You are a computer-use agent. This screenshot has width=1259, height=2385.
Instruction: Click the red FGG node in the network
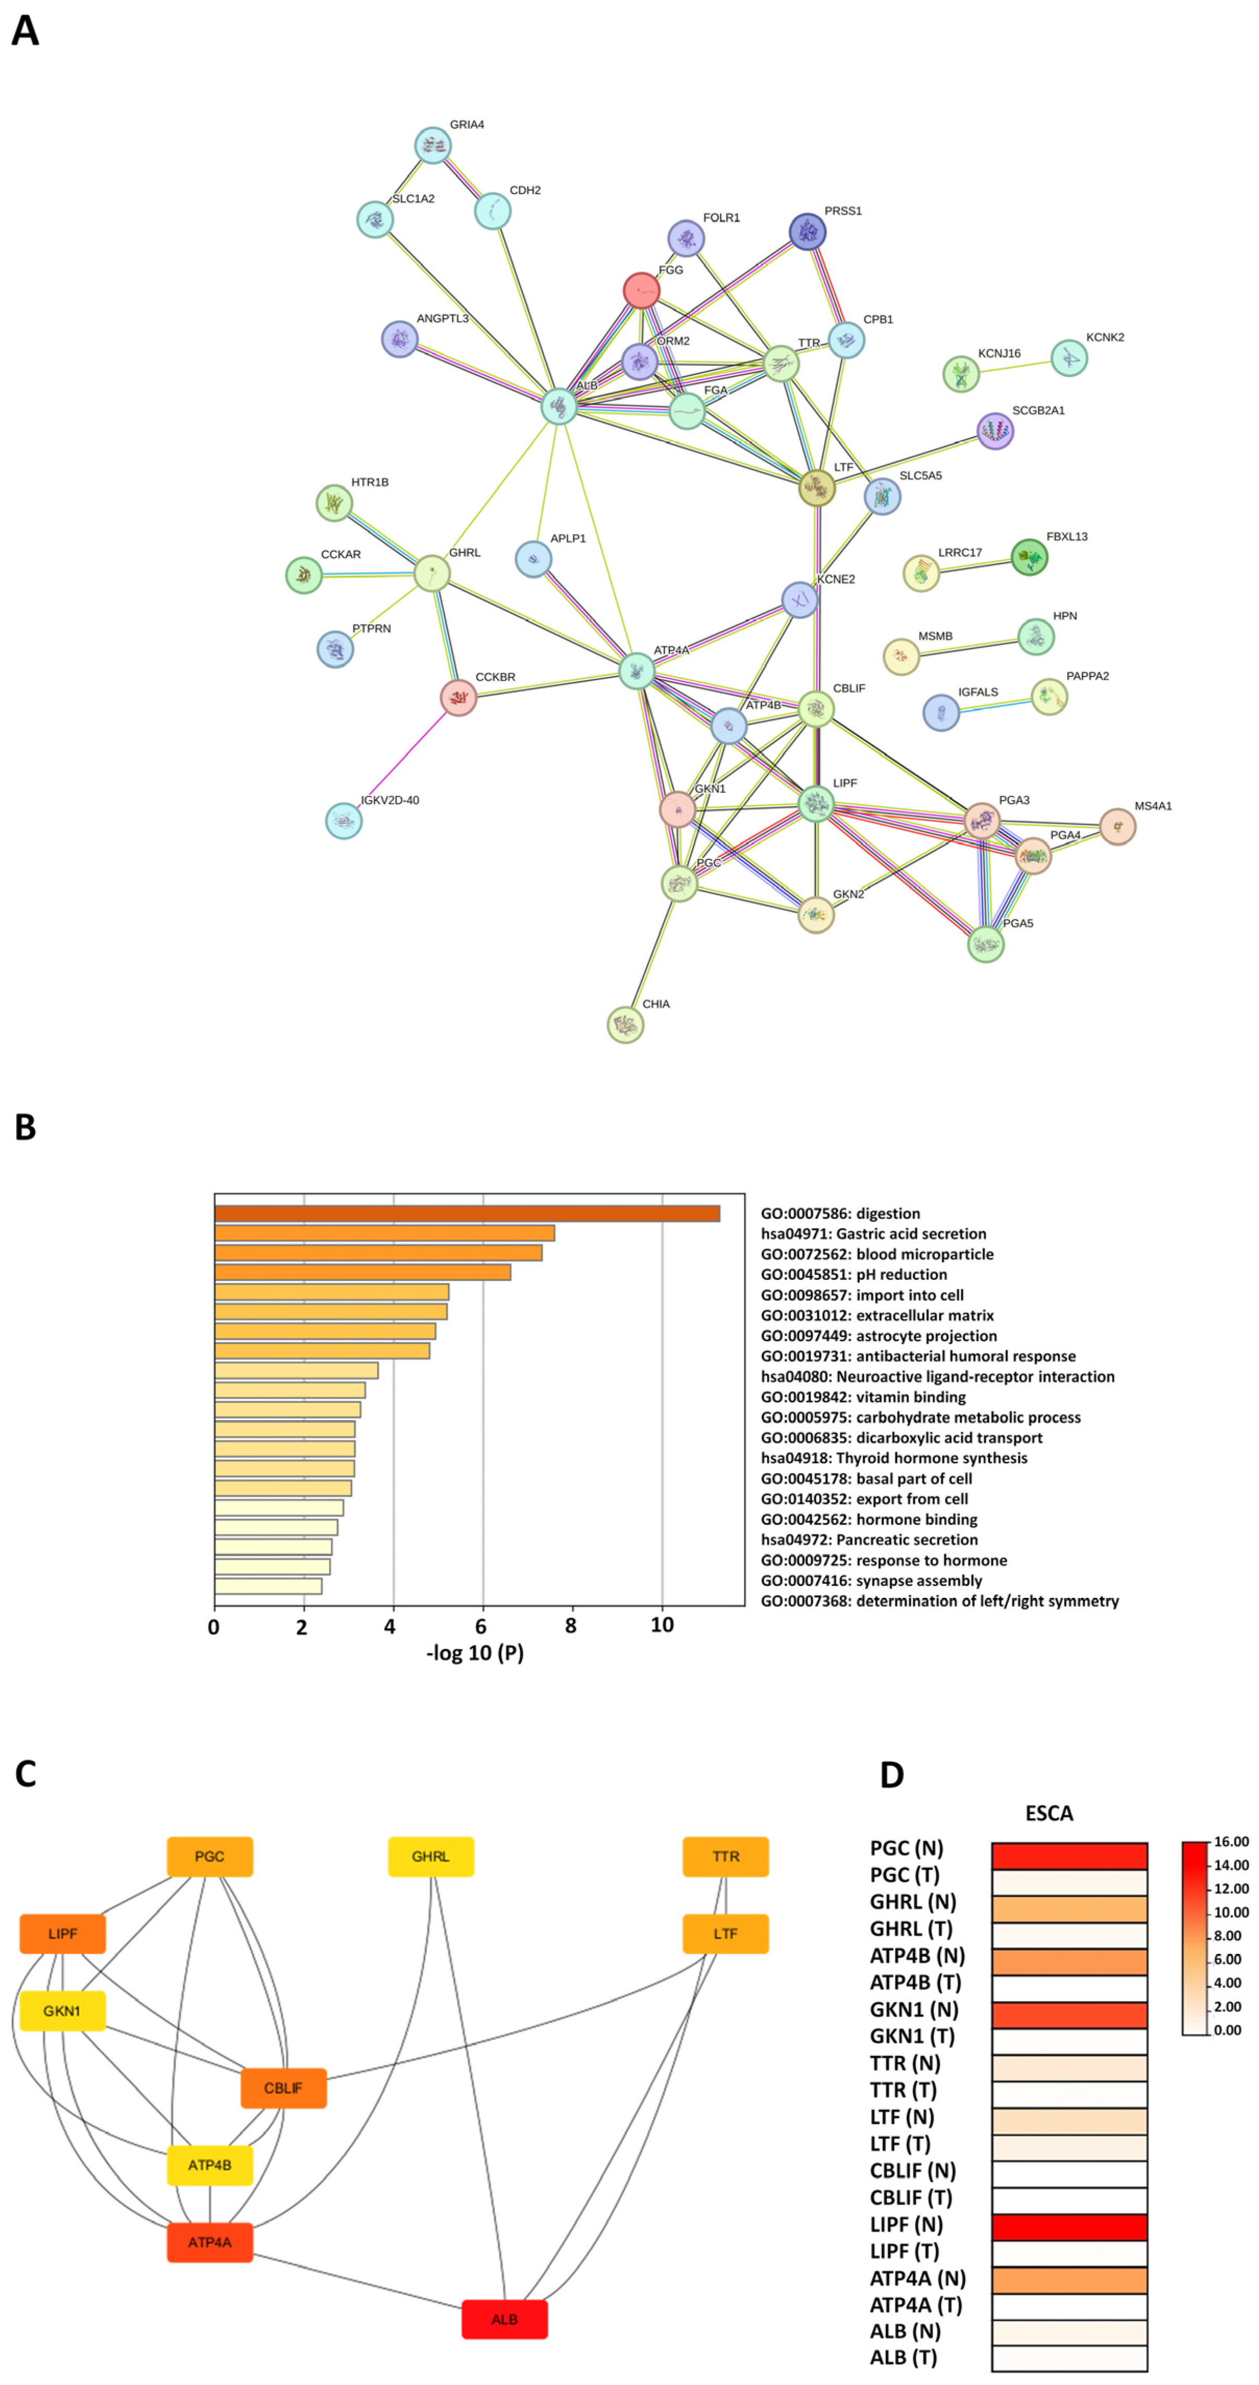[x=641, y=290]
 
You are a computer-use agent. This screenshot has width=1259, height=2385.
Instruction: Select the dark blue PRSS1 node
[x=807, y=232]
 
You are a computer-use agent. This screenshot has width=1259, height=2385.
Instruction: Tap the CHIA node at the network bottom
[x=625, y=1025]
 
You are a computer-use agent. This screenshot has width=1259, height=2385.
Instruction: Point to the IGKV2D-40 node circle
[x=344, y=820]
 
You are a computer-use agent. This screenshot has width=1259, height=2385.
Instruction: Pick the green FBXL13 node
[x=1029, y=558]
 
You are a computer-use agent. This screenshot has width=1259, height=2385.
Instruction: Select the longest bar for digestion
[x=467, y=1213]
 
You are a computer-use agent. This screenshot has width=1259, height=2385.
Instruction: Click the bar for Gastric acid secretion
[x=384, y=1233]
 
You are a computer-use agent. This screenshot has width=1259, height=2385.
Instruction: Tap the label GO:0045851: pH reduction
[x=853, y=1274]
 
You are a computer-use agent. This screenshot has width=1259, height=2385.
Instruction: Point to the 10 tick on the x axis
[x=662, y=1626]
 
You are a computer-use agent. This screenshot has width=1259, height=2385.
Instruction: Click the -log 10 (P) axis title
[x=475, y=1653]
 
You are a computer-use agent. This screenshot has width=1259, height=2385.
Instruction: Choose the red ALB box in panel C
[x=505, y=2318]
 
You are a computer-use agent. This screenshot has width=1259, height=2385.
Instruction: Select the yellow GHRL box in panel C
[x=431, y=1856]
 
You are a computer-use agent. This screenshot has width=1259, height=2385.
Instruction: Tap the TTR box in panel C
[x=726, y=1856]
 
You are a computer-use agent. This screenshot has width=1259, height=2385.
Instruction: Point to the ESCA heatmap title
[x=1049, y=1813]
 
